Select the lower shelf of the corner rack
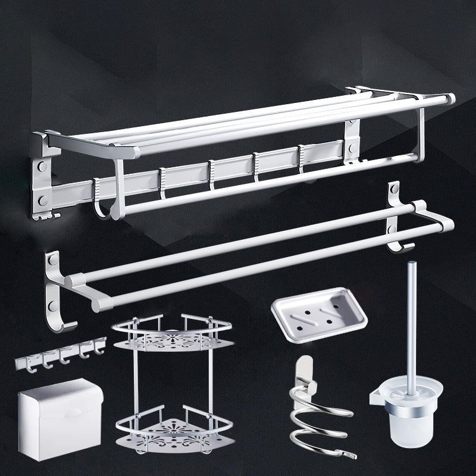pos(174,428)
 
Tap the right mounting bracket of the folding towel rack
pos(352,140)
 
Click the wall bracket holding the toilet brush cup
pos(376,396)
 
